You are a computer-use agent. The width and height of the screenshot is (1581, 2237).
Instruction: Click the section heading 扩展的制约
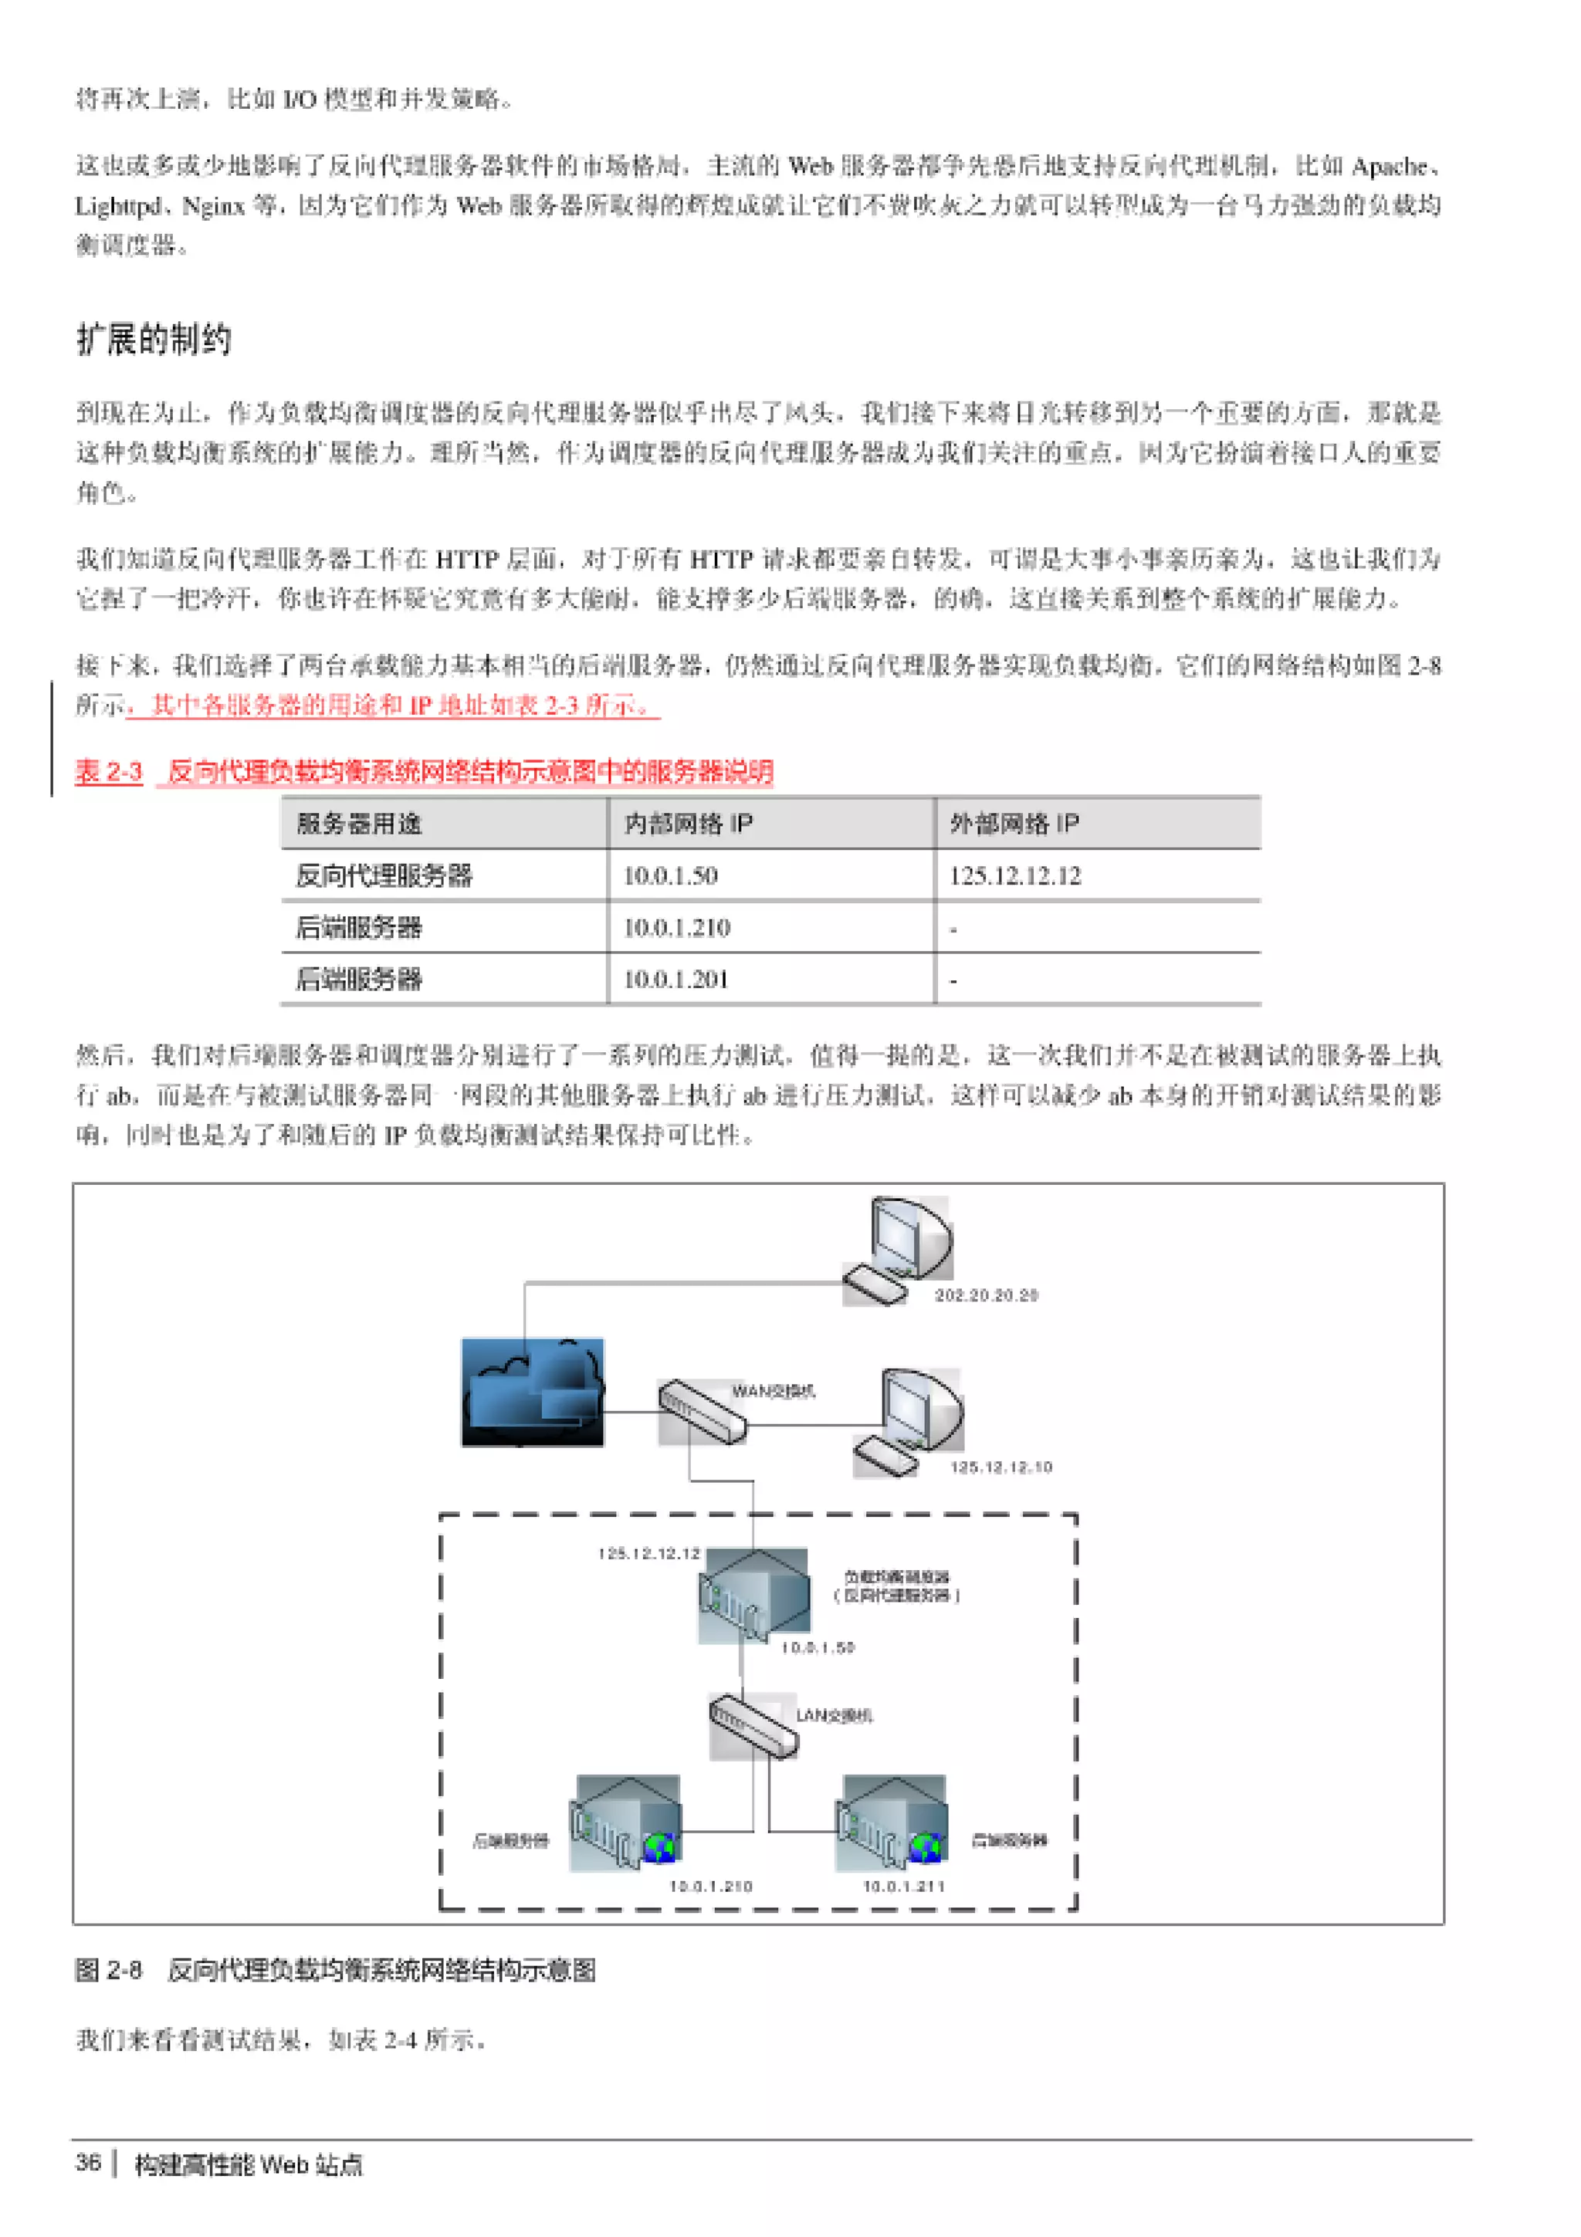154,339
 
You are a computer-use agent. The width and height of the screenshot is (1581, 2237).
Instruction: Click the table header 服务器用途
358,824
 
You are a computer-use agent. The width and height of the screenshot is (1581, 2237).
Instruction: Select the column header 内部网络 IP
688,824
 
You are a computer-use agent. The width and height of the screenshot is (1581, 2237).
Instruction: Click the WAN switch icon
702,1411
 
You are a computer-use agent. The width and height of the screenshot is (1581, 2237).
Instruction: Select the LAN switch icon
753,1725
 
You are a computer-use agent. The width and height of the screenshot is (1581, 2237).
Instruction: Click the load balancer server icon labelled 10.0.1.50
753,1594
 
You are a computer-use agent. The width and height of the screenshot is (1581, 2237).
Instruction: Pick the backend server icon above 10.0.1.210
626,1822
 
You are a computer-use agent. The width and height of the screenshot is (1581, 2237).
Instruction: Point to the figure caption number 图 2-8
108,1969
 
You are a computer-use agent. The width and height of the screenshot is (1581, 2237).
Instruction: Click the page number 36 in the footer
88,2163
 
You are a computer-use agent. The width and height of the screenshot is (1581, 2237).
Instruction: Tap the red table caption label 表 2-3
108,772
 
